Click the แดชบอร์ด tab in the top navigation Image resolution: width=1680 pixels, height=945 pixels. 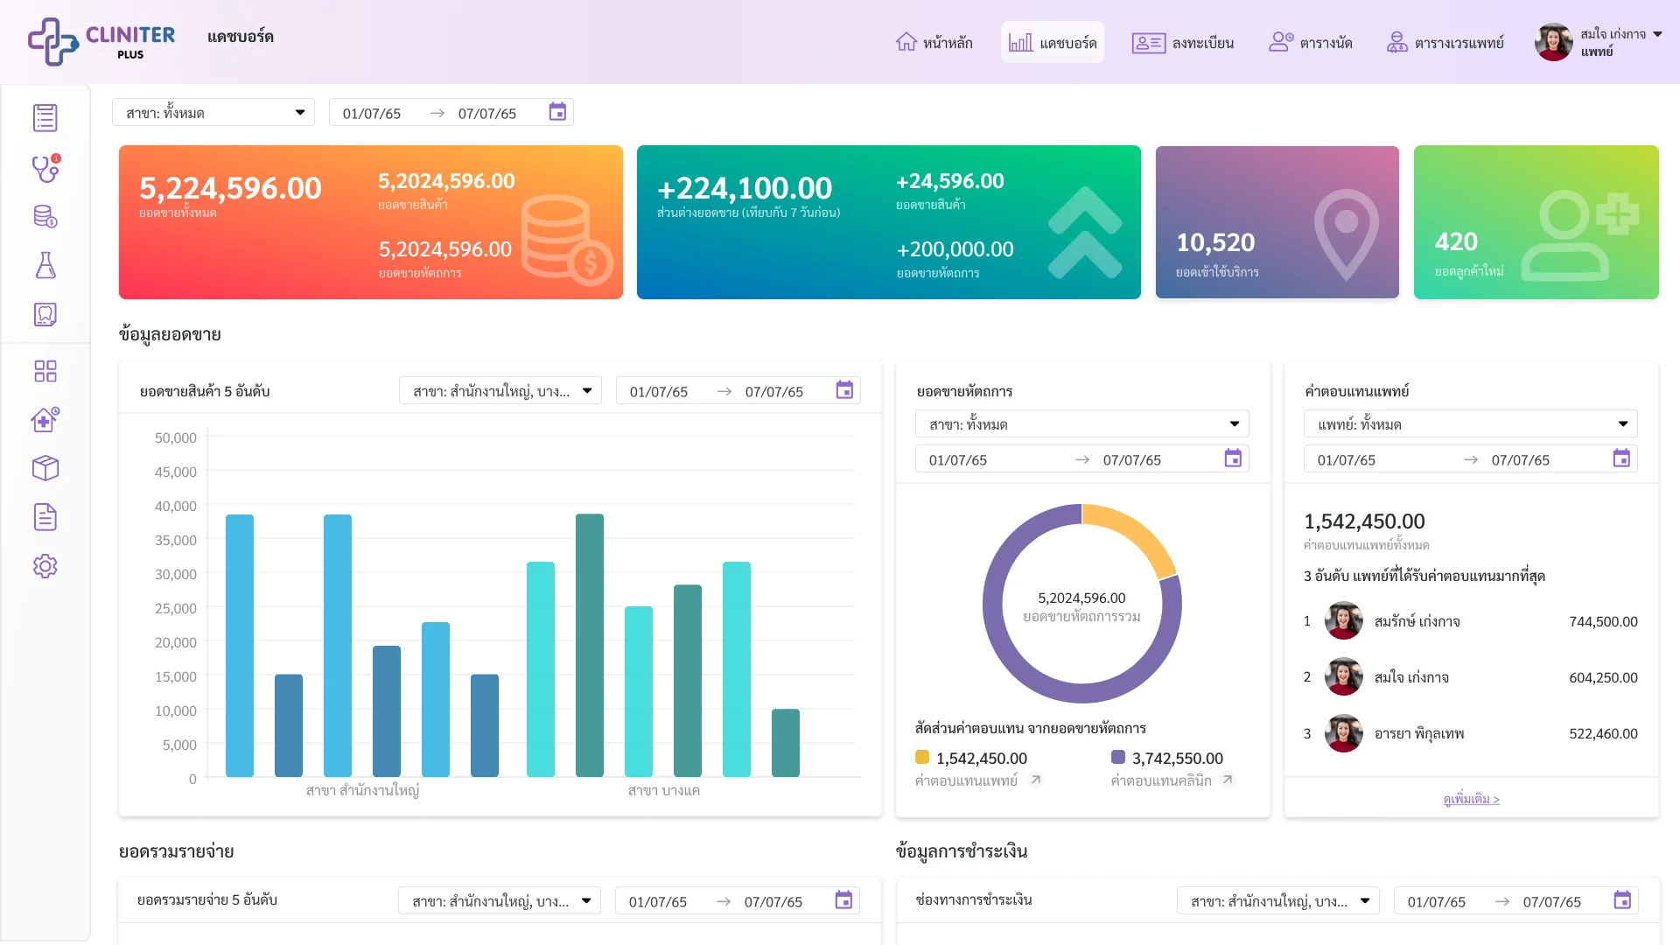1053,42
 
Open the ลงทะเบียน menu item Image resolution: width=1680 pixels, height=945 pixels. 1182,43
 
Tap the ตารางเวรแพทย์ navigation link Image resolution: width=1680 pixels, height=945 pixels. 1445,43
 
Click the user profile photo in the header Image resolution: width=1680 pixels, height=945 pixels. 1554,42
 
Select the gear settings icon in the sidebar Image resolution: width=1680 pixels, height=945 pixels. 45,566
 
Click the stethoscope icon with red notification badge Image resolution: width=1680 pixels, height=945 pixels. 45,167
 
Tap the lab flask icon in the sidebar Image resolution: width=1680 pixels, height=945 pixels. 45,265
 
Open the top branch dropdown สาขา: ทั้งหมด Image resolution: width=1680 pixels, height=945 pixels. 213,113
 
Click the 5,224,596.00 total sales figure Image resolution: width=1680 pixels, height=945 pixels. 230,188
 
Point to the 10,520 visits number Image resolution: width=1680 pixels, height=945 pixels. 1215,242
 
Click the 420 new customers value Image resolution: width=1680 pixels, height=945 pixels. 1456,241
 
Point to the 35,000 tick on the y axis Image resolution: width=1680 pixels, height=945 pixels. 176,540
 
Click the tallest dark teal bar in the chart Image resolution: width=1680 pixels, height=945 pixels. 590,645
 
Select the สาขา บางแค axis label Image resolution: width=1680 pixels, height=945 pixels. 664,791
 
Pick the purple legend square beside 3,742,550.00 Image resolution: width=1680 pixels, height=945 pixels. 1118,757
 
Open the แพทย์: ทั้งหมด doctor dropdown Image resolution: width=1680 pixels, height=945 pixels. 1471,424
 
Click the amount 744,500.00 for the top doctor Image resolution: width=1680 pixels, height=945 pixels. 1603,622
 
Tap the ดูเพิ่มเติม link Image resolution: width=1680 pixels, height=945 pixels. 1472,799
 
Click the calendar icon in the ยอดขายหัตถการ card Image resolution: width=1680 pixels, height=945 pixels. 1233,458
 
